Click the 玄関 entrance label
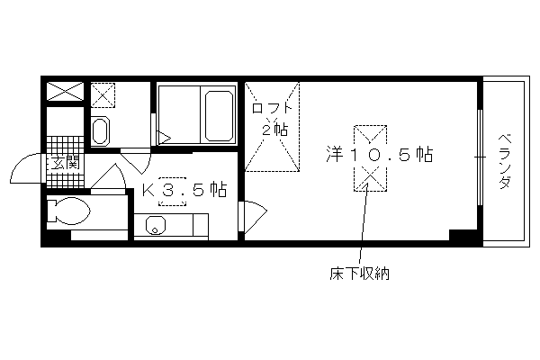tap(66, 163)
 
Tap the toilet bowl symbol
tap(68, 211)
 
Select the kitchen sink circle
tap(156, 226)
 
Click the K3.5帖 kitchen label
tap(184, 190)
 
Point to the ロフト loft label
tap(272, 108)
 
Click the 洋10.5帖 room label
tap(380, 154)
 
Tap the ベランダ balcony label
tap(505, 161)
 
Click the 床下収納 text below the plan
tap(359, 274)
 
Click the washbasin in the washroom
tap(100, 130)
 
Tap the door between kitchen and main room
tap(253, 216)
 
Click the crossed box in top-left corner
tap(65, 91)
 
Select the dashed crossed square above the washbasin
tap(103, 94)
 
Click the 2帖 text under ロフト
tap(274, 130)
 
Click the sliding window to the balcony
tap(480, 157)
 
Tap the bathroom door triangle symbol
tap(165, 138)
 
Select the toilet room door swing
tap(108, 176)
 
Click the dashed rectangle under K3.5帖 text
tap(172, 192)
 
